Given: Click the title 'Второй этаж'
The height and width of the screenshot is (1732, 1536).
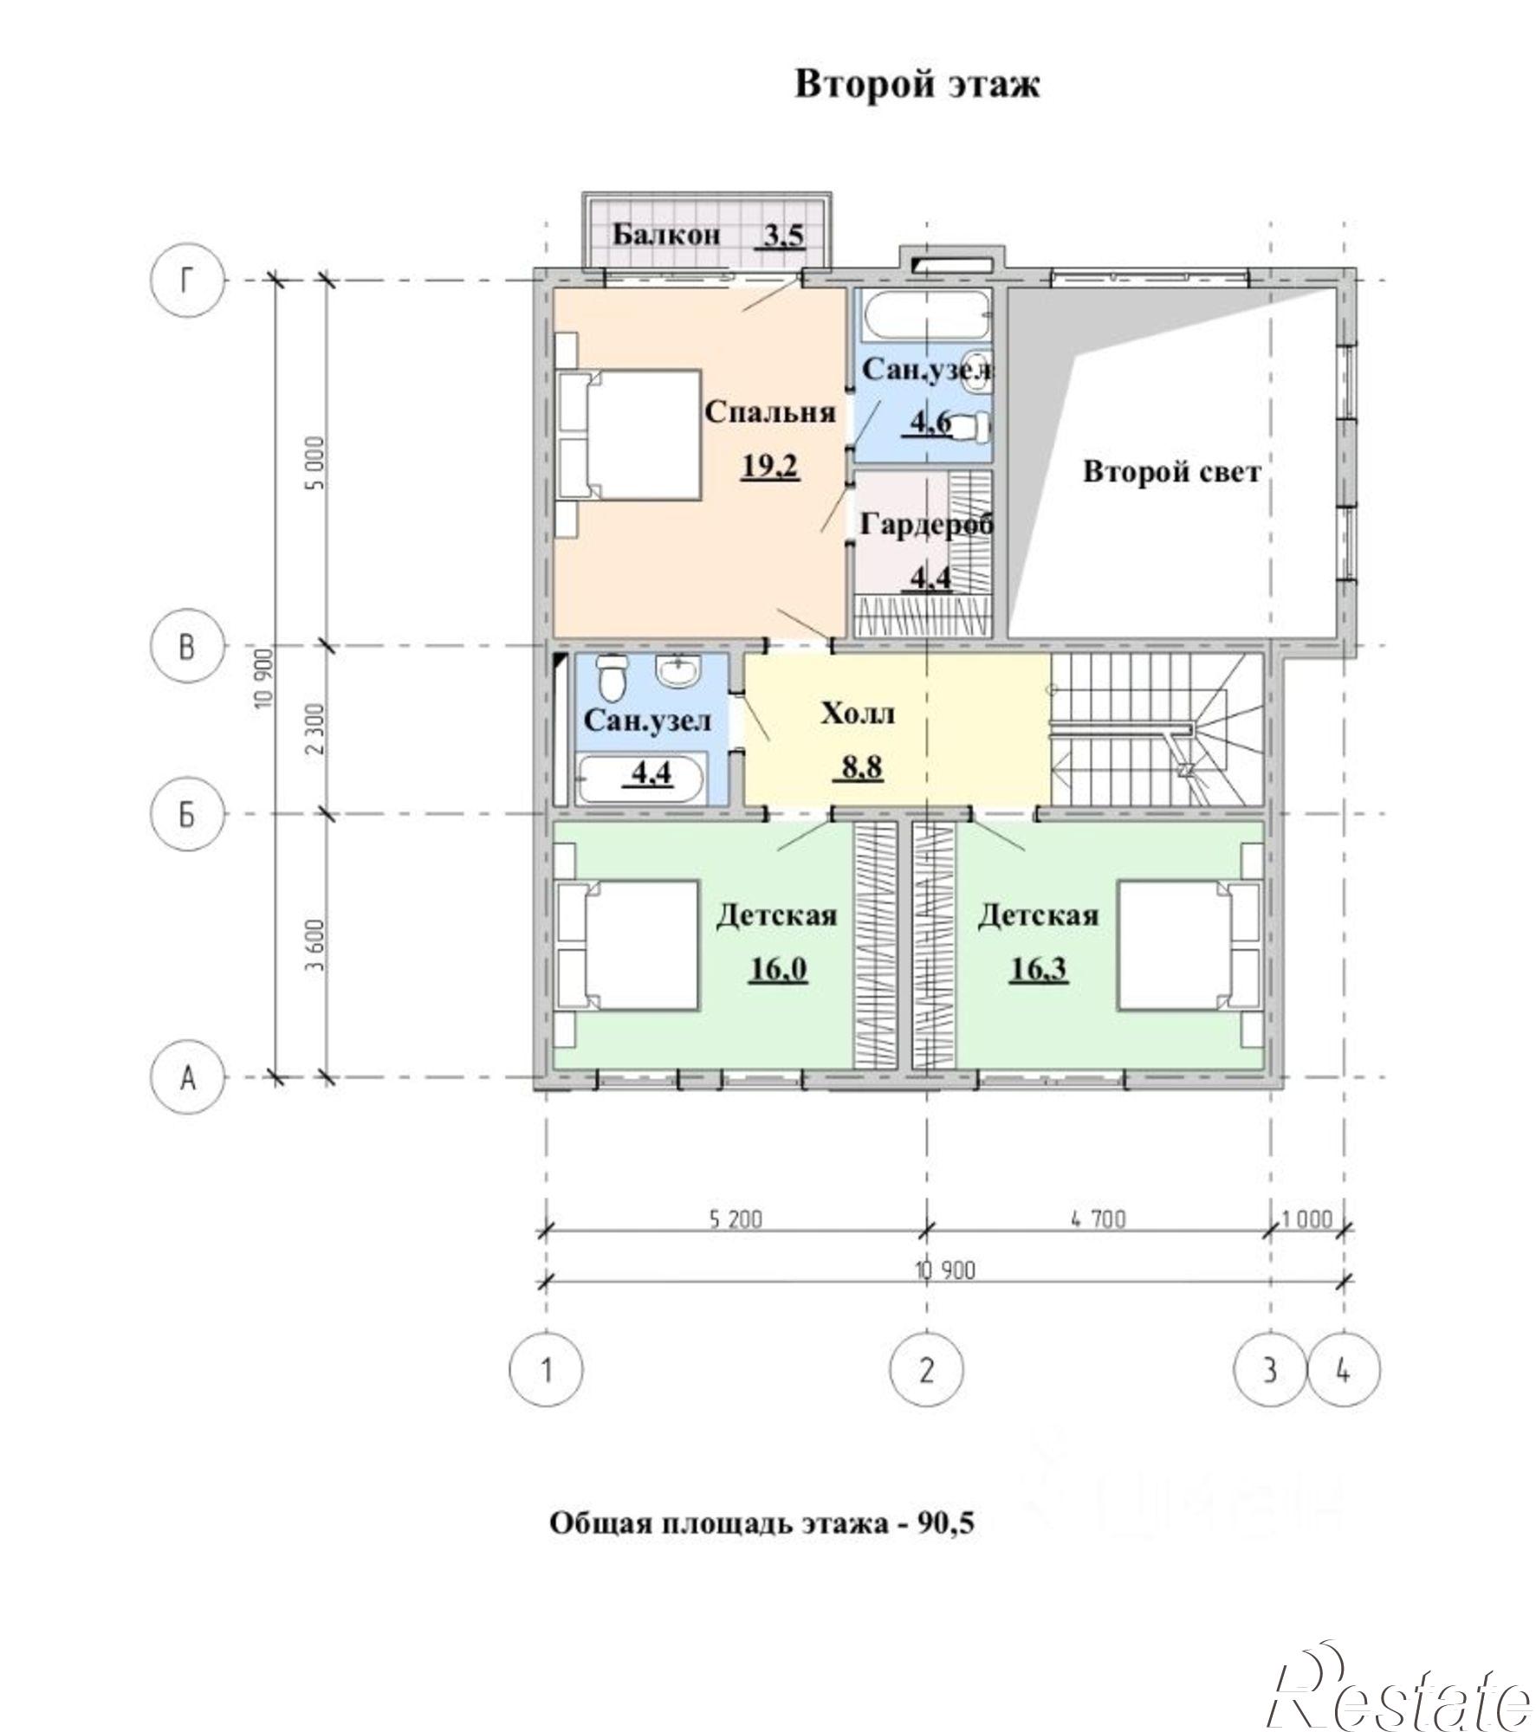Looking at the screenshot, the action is click(917, 85).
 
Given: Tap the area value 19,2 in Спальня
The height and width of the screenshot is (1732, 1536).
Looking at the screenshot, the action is click(770, 468).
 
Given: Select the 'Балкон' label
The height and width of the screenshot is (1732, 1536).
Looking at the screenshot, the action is click(666, 234).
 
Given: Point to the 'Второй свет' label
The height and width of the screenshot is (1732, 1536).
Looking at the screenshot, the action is click(1171, 473).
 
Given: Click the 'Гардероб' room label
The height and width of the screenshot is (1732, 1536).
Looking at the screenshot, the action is click(926, 525).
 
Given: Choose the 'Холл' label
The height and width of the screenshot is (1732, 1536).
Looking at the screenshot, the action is click(858, 714).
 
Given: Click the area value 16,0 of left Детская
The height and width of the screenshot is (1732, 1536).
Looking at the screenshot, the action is click(778, 969).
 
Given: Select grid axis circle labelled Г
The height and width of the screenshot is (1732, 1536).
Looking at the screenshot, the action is click(187, 281).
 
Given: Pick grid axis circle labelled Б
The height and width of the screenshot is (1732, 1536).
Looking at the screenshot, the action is click(187, 814).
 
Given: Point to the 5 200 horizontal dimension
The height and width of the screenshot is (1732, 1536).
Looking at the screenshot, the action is click(736, 1219).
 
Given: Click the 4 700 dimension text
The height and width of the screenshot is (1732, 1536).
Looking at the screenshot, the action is click(1099, 1219).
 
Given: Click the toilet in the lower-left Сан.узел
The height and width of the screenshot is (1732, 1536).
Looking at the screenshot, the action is click(612, 676).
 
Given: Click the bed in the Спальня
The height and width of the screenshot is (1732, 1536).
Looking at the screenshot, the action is click(629, 435).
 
